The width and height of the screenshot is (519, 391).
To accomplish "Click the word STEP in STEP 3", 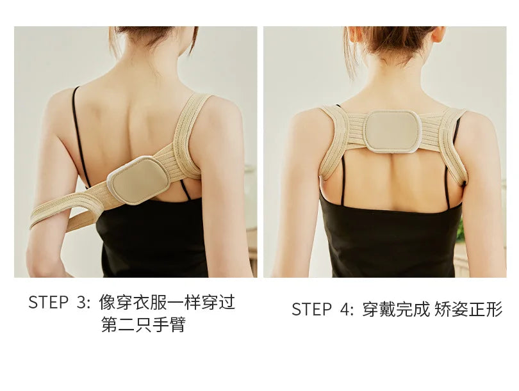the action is [x=49, y=303].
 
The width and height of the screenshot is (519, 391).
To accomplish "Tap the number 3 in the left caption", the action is [x=83, y=303].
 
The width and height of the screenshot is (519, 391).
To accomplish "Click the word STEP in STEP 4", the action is [x=312, y=310].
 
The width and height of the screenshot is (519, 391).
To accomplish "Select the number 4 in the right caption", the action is [x=346, y=310].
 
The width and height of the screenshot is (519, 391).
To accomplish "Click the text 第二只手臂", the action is [x=143, y=325].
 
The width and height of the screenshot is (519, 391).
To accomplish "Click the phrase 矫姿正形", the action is [x=468, y=310].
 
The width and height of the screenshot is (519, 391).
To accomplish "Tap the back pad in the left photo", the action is [x=138, y=180].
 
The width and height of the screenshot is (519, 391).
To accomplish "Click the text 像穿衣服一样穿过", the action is [x=167, y=303].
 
